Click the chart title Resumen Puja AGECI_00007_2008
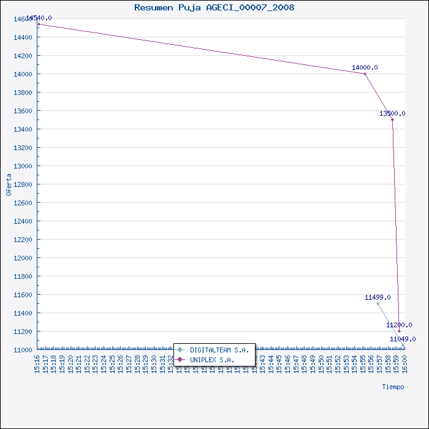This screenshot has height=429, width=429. point(214,7)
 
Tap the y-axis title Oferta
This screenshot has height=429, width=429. point(9,184)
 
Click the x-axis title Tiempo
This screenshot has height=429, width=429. point(393,387)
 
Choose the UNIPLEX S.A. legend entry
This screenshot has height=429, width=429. point(211,359)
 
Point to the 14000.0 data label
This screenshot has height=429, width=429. point(365,67)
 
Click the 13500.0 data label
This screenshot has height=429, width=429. point(392,113)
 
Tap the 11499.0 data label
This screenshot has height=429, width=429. point(378,297)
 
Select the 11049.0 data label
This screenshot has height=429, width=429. point(403,339)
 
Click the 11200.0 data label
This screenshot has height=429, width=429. point(399,325)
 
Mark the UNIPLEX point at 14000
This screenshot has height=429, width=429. point(365,74)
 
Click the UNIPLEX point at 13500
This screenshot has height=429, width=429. point(392,120)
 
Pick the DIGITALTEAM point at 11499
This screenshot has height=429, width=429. point(378,303)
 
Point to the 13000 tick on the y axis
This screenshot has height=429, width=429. point(23,165)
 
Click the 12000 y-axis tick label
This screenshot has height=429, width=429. point(23,257)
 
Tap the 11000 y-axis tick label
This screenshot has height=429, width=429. point(23,349)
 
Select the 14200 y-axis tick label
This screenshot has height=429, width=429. point(23,55)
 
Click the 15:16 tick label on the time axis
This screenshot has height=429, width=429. point(38,362)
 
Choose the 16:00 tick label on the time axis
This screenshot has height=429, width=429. point(405,362)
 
